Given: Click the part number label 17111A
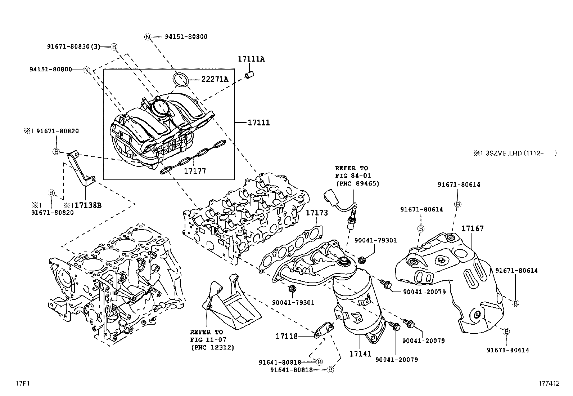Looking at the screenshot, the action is tap(251, 59).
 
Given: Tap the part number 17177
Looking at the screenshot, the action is tap(195, 171).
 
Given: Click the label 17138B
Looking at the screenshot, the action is tap(88, 205).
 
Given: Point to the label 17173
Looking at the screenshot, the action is tap(317, 213).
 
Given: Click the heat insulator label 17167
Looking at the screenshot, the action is tap(473, 228).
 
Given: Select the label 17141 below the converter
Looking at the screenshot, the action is tap(360, 353).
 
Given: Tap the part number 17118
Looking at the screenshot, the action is tap(286, 336).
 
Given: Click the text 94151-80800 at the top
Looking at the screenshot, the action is tap(186, 37).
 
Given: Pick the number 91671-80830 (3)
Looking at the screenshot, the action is tap(73, 46).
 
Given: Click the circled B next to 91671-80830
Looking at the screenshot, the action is tap(114, 47).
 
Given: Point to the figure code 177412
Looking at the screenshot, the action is tap(549, 383).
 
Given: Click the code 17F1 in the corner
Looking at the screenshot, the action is tap(23, 383).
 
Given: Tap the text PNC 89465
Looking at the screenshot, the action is tap(358, 183).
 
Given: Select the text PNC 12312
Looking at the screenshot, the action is tap(213, 347).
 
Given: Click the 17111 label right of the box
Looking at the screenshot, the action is tap(259, 123).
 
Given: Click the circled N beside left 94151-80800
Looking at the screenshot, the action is tap(86, 70).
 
